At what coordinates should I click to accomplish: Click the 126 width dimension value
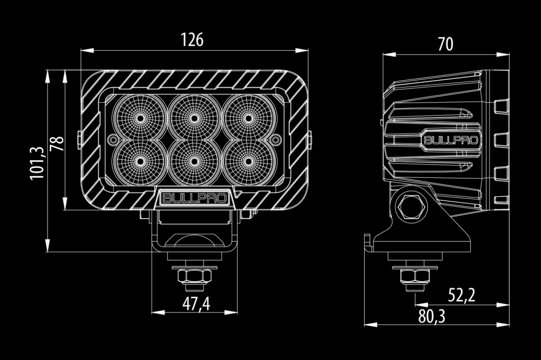point(192,39)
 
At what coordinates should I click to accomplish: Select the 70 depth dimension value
point(445,44)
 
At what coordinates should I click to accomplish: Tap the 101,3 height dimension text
point(37,163)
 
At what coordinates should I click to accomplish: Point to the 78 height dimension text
point(57,143)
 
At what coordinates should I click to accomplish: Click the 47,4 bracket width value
point(196,304)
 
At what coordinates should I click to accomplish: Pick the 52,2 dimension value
point(461,295)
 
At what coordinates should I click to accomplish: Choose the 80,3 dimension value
point(432,317)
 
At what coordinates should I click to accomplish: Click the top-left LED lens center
point(140,118)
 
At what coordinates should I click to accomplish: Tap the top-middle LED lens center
point(194,118)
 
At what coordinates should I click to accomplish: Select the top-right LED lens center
point(248,118)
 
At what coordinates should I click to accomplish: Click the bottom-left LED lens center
point(140,161)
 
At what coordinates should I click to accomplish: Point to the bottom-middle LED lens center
point(194,161)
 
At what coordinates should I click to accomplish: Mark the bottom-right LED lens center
point(248,161)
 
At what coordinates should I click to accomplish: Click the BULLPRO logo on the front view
point(195,198)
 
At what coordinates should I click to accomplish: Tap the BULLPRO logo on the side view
point(451,140)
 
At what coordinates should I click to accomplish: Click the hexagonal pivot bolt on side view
point(411,207)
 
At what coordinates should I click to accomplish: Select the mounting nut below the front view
point(194,276)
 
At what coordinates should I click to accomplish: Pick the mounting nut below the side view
point(415,276)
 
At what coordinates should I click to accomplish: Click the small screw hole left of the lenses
point(113,139)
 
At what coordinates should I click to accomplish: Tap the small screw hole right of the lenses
point(276,139)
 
